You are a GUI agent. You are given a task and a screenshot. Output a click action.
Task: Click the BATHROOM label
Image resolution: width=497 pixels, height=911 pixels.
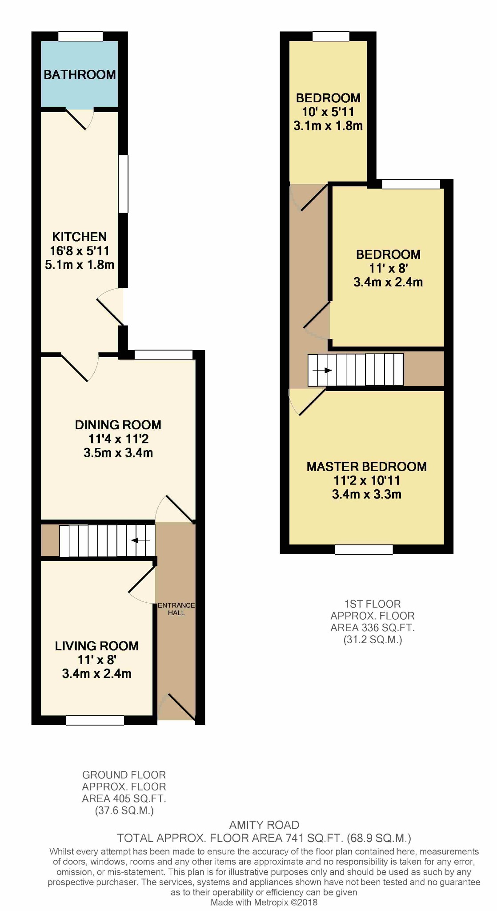(x=80, y=74)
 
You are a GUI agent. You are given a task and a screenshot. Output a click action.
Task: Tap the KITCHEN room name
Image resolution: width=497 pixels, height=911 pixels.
(x=80, y=237)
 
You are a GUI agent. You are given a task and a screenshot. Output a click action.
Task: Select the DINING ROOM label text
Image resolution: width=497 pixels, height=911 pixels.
(x=118, y=425)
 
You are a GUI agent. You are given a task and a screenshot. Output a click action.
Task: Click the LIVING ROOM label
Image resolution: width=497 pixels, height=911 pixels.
(x=97, y=646)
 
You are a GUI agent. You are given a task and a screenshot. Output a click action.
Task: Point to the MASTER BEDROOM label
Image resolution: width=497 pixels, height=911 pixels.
(x=367, y=467)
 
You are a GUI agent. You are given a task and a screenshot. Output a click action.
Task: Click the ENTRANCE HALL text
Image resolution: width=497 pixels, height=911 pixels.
(x=176, y=609)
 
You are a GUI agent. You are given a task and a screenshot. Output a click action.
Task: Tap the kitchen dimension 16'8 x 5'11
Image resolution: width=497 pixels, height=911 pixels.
(x=80, y=251)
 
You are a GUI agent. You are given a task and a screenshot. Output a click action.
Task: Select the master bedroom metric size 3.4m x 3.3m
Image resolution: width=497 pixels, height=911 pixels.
(x=367, y=494)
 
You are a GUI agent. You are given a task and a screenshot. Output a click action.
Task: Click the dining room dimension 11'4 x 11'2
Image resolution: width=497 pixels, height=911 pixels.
(x=118, y=439)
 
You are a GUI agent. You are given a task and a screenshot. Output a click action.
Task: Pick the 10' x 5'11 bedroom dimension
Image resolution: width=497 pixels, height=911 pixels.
(x=328, y=112)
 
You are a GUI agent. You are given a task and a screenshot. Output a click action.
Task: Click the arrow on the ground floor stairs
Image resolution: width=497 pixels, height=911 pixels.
(x=140, y=540)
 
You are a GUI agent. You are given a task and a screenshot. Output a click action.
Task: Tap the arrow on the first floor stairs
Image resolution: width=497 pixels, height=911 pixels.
(x=322, y=370)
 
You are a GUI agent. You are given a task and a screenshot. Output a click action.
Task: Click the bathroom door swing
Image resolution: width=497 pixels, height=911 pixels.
(x=80, y=119)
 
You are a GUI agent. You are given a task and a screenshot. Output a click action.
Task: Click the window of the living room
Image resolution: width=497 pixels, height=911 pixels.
(x=95, y=720)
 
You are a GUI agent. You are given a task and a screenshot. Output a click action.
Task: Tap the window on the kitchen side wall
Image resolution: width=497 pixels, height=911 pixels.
(x=123, y=184)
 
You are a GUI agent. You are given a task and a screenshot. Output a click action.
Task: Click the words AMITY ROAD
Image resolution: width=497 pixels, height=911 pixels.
(x=264, y=825)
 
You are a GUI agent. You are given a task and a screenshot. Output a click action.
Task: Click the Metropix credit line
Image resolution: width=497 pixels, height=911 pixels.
(x=264, y=903)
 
